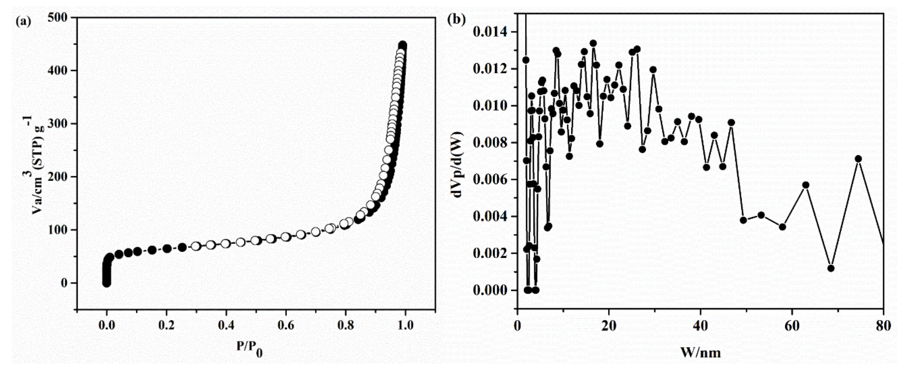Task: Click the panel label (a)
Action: (x=23, y=22)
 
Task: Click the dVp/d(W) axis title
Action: (x=458, y=164)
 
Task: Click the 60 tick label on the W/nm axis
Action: (x=792, y=326)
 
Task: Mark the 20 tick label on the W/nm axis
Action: (x=609, y=326)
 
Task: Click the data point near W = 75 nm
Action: (x=858, y=159)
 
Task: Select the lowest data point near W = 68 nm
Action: (x=831, y=268)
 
